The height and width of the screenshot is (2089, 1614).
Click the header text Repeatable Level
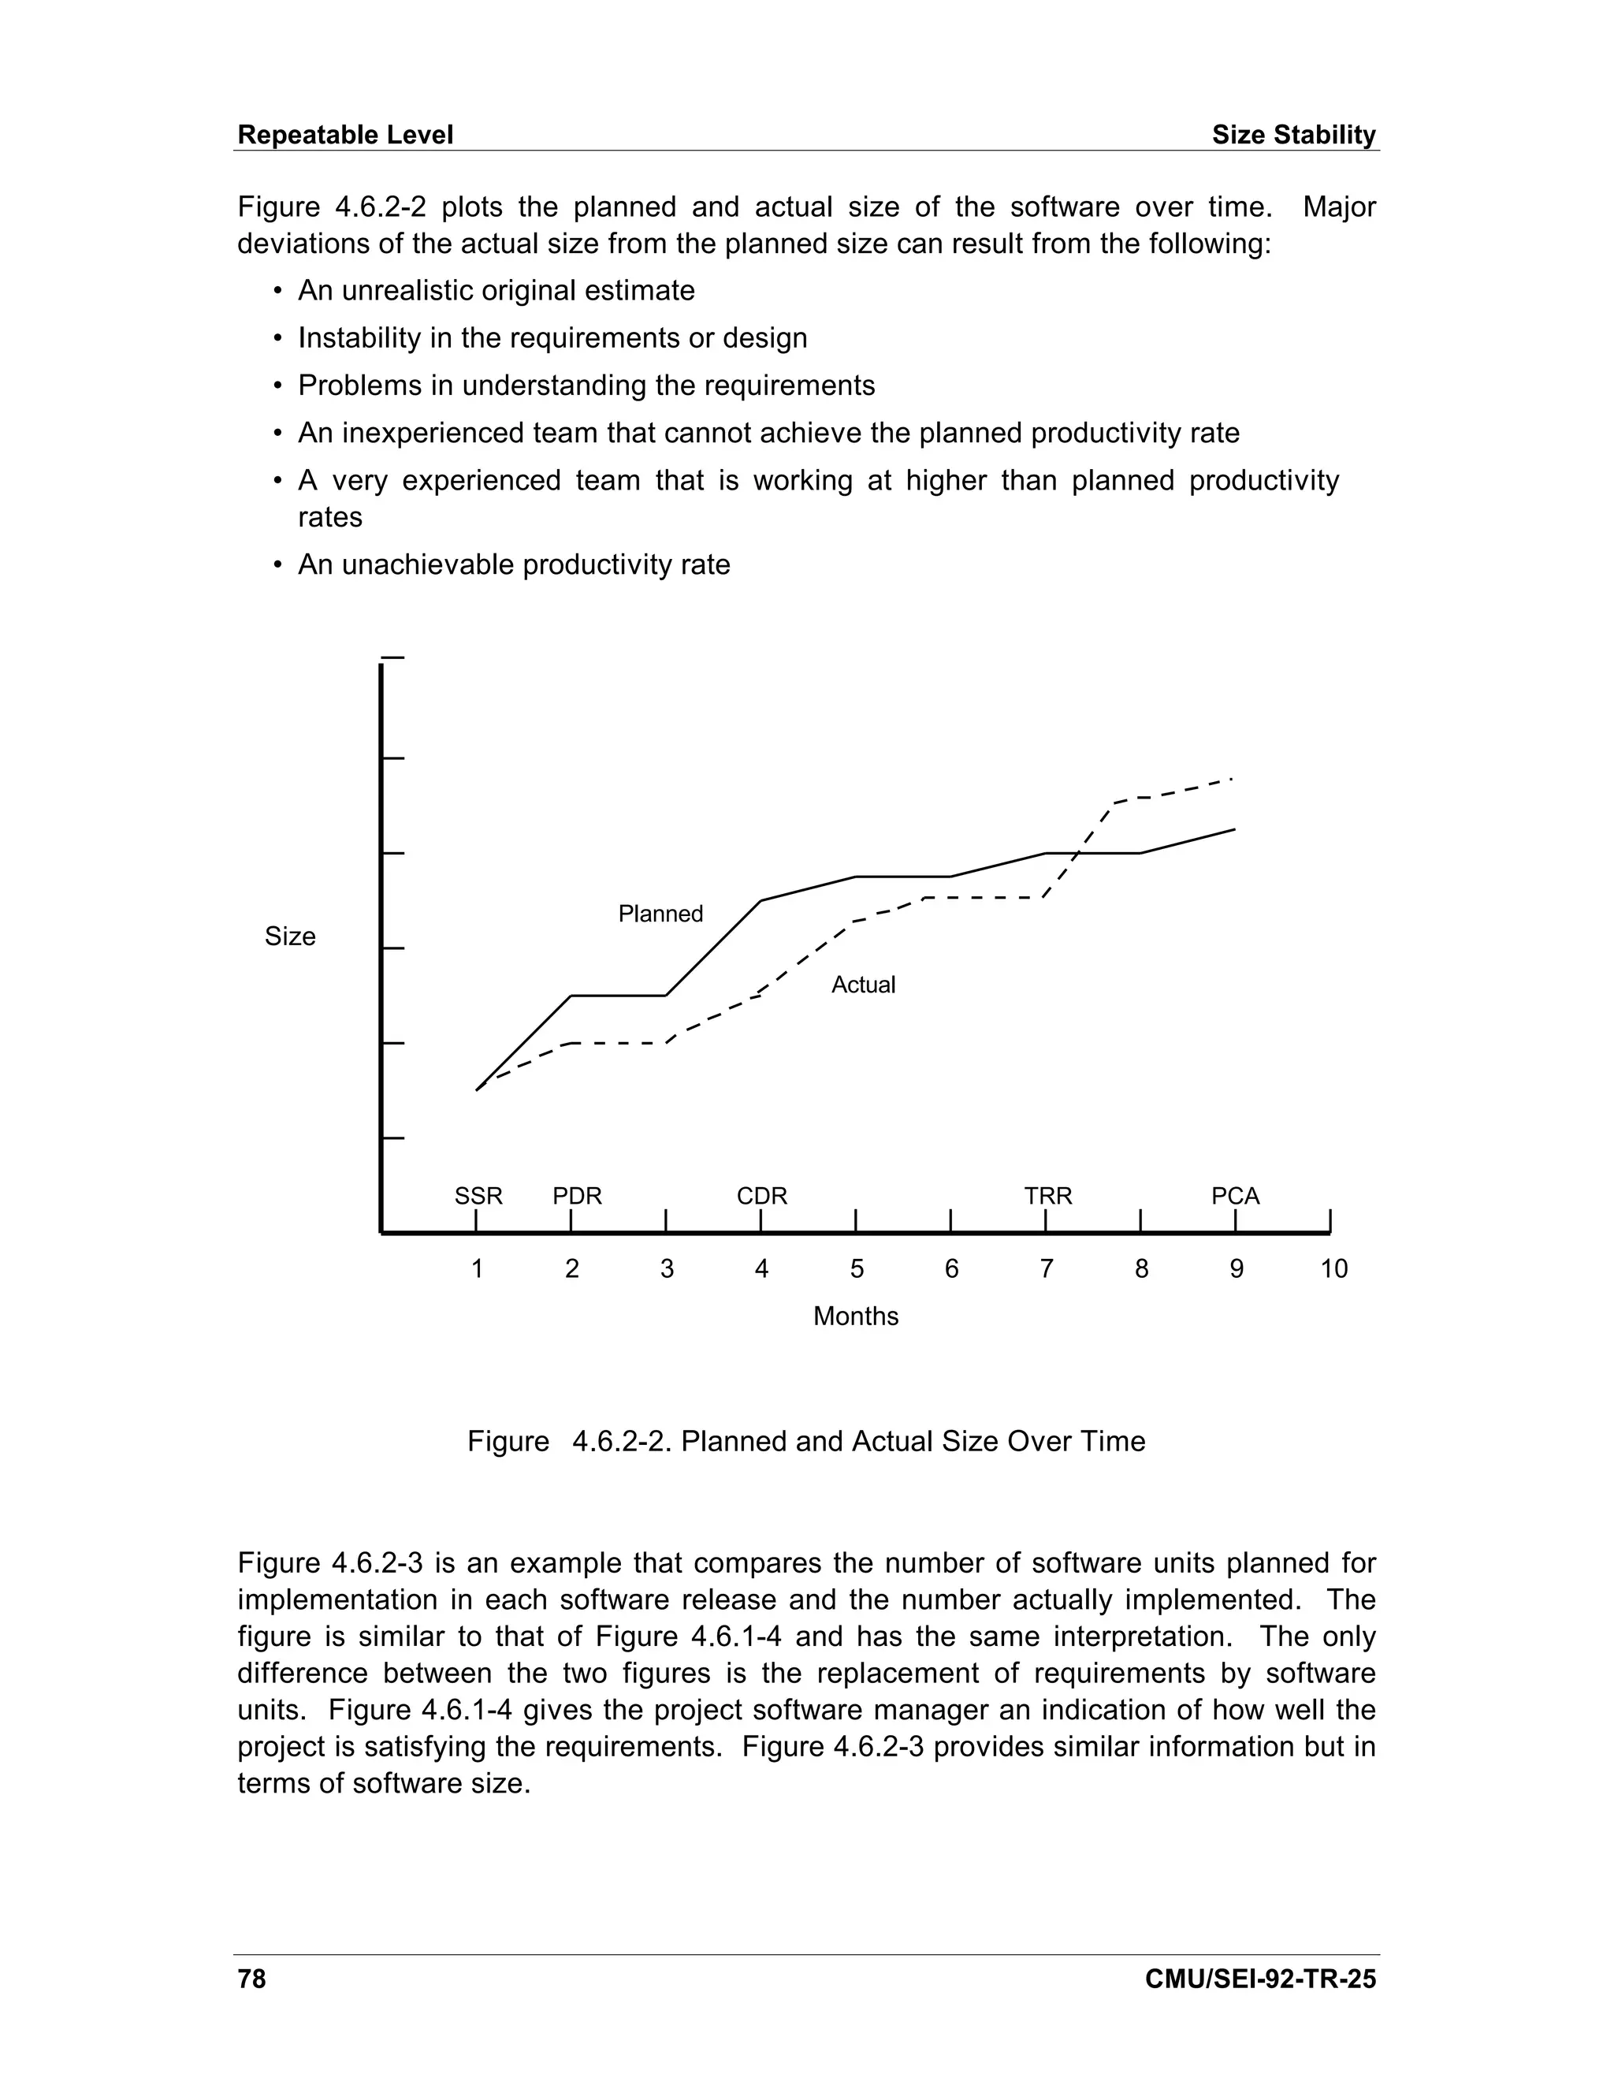pyautogui.click(x=344, y=135)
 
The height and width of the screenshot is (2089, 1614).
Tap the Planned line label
pyautogui.click(x=660, y=914)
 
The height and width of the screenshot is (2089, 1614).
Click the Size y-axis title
pyautogui.click(x=290, y=937)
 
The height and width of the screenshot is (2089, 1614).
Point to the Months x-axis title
pyautogui.click(x=855, y=1316)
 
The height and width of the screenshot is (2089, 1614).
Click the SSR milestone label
pyautogui.click(x=478, y=1196)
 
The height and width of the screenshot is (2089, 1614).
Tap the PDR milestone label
pyautogui.click(x=577, y=1196)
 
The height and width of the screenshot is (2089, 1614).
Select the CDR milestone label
pyautogui.click(x=761, y=1196)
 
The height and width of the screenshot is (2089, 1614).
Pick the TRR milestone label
pyautogui.click(x=1048, y=1196)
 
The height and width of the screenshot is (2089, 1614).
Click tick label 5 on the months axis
pyautogui.click(x=857, y=1269)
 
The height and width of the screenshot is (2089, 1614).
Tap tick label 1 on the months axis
pyautogui.click(x=477, y=1269)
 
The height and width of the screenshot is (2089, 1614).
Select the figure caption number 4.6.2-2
pyautogui.click(x=623, y=1442)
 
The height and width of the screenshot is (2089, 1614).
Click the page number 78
pyautogui.click(x=251, y=1979)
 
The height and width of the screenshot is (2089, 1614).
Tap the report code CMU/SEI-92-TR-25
pyautogui.click(x=1259, y=1979)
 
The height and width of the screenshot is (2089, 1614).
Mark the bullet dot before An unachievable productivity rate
pyautogui.click(x=278, y=565)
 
